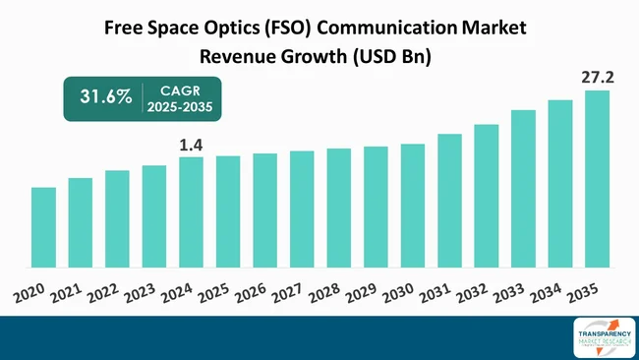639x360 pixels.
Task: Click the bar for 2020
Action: pyautogui.click(x=43, y=227)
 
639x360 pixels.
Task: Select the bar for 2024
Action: pyautogui.click(x=191, y=212)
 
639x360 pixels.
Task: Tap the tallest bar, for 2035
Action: pyautogui.click(x=597, y=179)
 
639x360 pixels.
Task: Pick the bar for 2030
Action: pyautogui.click(x=412, y=206)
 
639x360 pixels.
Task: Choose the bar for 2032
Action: pyautogui.click(x=486, y=196)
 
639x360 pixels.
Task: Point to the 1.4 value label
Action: pyautogui.click(x=190, y=146)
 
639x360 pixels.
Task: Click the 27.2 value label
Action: pyautogui.click(x=597, y=75)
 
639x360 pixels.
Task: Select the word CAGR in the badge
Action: pyautogui.click(x=181, y=90)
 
